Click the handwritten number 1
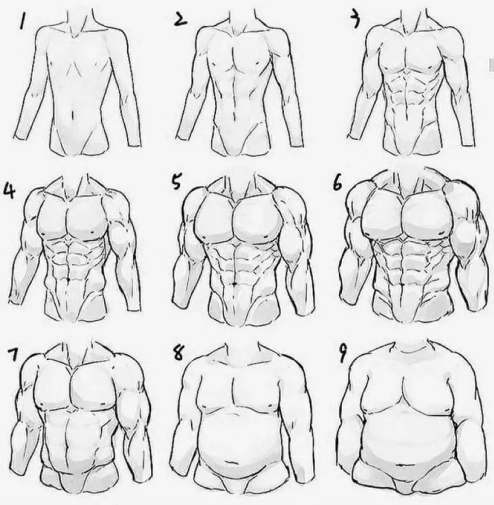23,21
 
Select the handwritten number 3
355,20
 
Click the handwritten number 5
176,182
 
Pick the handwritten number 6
337,183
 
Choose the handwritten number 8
177,353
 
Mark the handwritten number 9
343,354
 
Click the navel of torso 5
234,283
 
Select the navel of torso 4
69,280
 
